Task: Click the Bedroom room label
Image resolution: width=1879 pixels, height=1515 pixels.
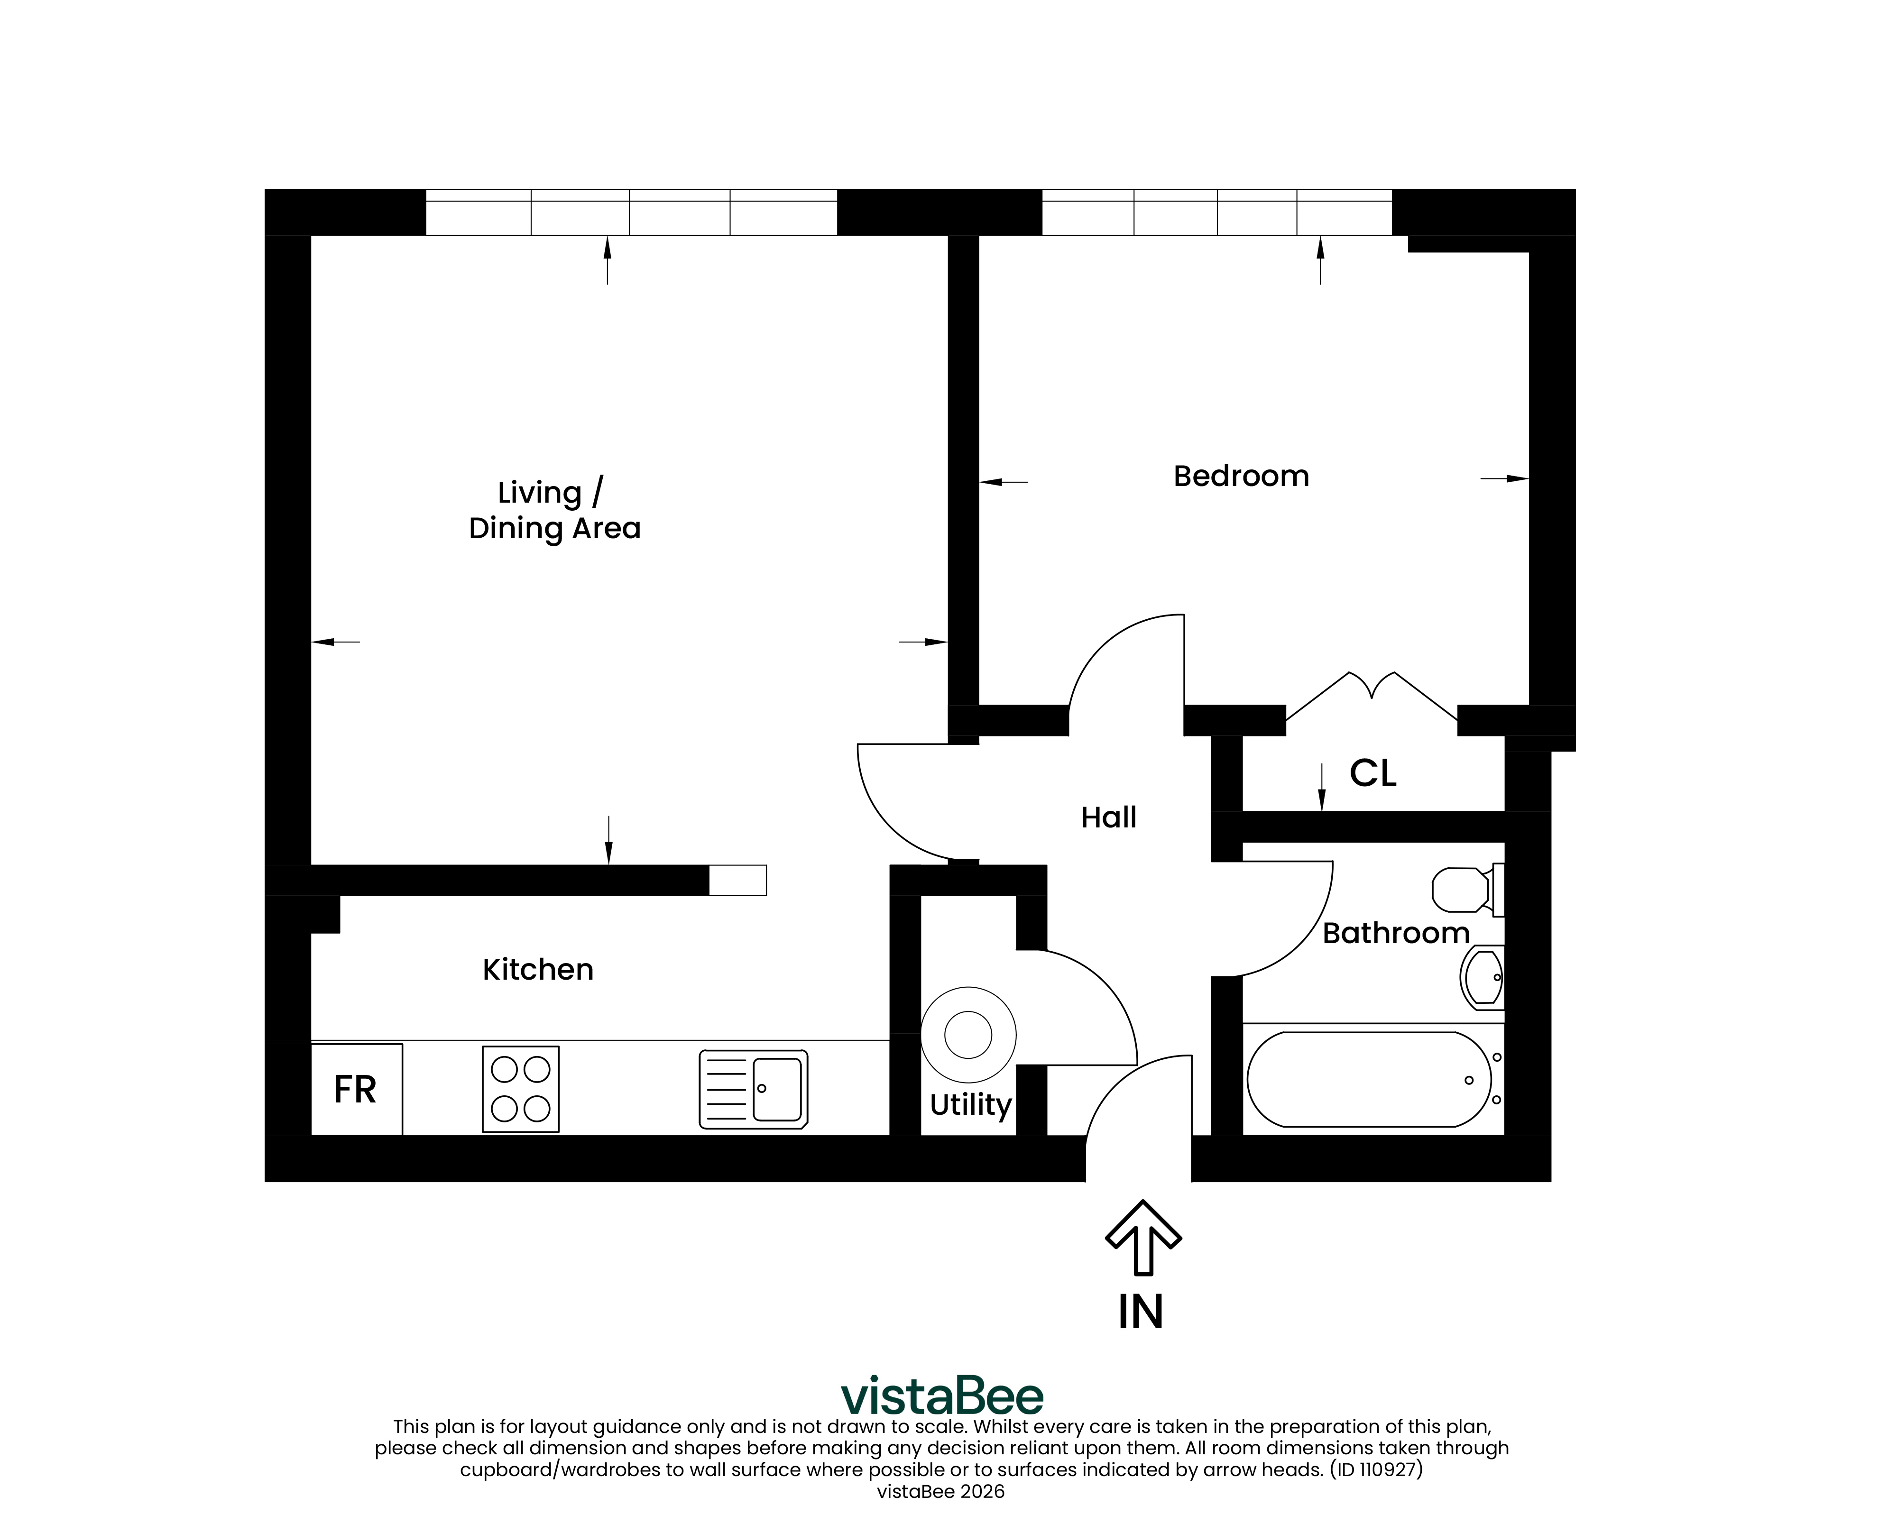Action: click(1241, 477)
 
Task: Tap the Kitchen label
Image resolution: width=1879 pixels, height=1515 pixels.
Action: click(538, 970)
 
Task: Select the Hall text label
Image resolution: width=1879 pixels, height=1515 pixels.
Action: click(1108, 817)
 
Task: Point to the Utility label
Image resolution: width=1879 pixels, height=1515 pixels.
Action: click(970, 1105)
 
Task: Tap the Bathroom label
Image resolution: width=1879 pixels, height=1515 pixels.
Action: click(1396, 934)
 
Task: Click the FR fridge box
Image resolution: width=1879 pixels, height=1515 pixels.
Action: click(356, 1089)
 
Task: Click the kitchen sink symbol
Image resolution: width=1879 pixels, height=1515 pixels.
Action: click(753, 1089)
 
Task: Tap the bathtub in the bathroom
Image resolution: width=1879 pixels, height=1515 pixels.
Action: click(1369, 1080)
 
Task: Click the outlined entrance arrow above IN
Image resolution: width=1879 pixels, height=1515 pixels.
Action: click(1143, 1238)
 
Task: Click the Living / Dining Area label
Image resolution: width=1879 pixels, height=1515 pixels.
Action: click(555, 511)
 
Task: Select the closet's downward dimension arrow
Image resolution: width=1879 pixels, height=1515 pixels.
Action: click(1322, 787)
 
